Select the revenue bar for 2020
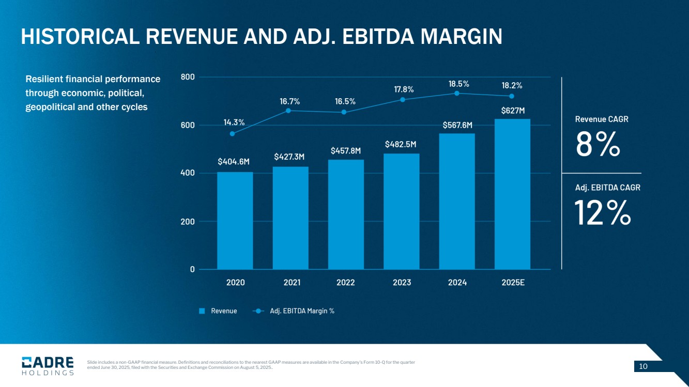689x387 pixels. pos(235,221)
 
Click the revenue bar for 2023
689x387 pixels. pos(402,211)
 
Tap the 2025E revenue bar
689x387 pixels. pos(512,194)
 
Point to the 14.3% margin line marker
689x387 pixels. pos(232,134)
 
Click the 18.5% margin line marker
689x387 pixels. pos(457,93)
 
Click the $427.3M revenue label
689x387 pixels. pos(289,157)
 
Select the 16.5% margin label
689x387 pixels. pos(345,101)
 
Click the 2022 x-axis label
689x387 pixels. pos(345,283)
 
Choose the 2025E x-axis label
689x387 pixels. pos(513,283)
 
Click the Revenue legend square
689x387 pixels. pos(203,311)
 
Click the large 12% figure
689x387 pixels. pos(603,213)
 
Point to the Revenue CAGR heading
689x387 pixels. pos(602,119)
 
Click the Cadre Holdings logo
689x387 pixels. pos(48,366)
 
